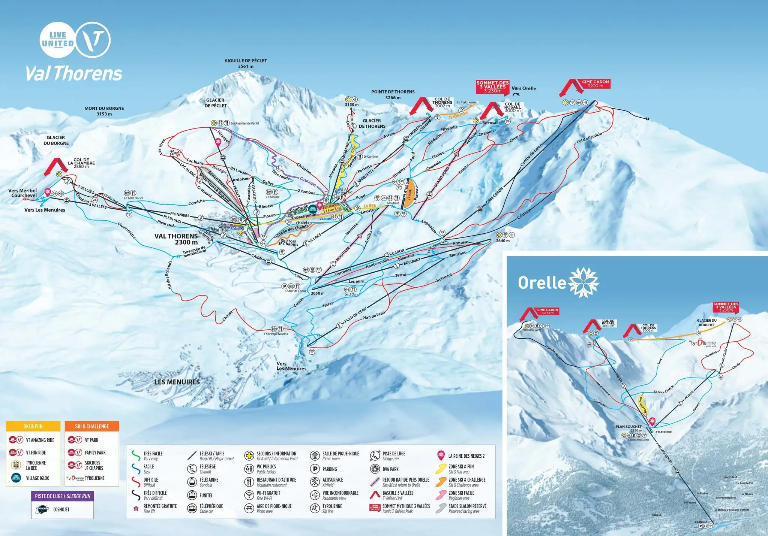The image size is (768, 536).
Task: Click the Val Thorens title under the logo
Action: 74,73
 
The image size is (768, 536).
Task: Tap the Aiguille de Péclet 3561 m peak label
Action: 246,63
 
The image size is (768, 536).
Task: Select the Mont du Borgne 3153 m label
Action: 104,111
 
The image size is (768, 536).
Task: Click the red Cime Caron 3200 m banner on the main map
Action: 595,84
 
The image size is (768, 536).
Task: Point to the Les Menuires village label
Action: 177,382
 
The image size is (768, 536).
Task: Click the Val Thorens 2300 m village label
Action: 176,239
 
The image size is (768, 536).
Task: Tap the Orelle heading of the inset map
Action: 541,283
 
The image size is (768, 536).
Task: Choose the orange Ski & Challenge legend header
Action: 92,426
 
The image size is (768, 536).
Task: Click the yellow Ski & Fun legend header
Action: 33,426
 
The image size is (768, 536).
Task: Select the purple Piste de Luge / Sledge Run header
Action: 63,496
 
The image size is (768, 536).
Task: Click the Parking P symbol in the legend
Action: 315,469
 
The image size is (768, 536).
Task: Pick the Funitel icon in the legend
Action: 192,495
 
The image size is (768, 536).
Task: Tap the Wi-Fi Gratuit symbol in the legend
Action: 249,495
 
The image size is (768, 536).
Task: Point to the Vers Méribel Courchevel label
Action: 22,193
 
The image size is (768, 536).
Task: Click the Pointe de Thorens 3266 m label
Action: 393,94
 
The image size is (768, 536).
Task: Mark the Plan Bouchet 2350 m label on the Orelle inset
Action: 628,428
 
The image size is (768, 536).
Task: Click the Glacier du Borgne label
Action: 56,140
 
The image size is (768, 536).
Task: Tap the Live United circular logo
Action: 57,40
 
